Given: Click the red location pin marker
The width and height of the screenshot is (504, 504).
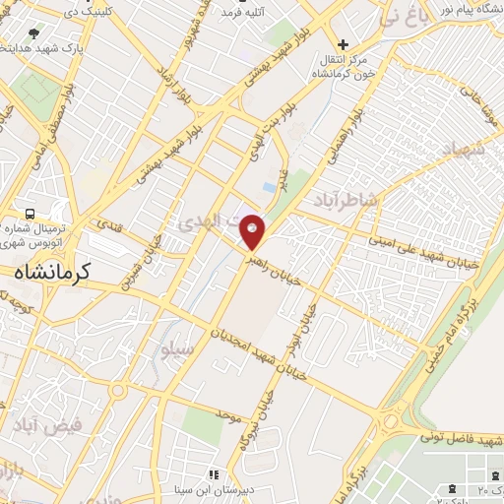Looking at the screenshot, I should [253, 230].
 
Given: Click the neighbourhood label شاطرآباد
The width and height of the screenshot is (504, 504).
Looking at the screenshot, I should [346, 201].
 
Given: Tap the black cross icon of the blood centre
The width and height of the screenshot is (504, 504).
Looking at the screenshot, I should [343, 44].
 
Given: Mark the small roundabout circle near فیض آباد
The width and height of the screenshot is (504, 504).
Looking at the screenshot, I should [119, 391].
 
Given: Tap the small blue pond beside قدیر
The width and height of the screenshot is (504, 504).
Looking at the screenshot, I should [269, 186].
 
